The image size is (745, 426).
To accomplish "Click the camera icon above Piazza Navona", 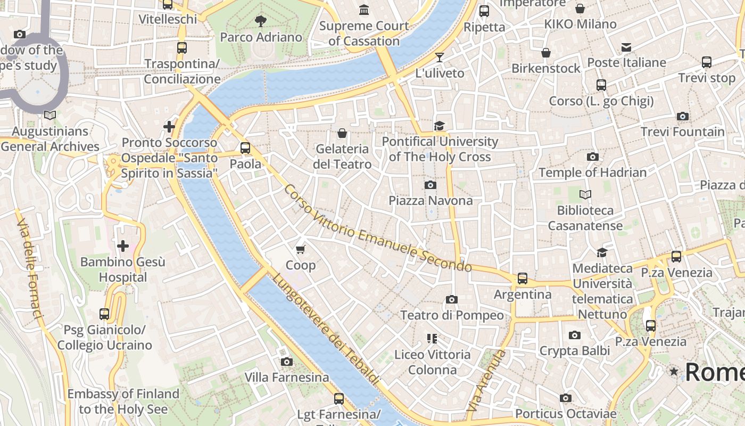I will pyautogui.click(x=431, y=185).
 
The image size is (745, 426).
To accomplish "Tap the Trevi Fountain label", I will pyautogui.click(x=682, y=132).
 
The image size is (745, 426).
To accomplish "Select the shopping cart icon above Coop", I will pyautogui.click(x=301, y=249).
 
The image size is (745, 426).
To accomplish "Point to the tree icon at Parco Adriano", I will pyautogui.click(x=261, y=21).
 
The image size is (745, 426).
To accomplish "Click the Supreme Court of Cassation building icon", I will pyautogui.click(x=364, y=10).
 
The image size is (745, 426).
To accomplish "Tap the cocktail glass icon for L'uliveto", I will pyautogui.click(x=440, y=57).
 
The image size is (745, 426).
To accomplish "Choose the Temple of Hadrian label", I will pyautogui.click(x=592, y=173).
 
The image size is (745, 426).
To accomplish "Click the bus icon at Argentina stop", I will pyautogui.click(x=523, y=278).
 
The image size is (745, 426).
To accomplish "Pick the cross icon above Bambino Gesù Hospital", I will pyautogui.click(x=123, y=246).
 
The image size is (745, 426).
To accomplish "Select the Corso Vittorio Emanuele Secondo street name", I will pyautogui.click(x=377, y=228).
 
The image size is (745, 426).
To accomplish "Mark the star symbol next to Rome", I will pyautogui.click(x=674, y=371).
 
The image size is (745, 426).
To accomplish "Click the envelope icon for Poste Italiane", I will pyautogui.click(x=626, y=47).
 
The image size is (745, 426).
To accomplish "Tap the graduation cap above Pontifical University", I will pyautogui.click(x=439, y=126).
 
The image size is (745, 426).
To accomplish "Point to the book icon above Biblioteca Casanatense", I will pyautogui.click(x=585, y=195).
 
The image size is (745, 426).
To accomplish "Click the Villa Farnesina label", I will pyautogui.click(x=287, y=378).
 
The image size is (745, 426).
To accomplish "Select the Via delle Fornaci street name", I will pyautogui.click(x=30, y=271).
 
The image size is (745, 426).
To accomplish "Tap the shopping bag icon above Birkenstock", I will pyautogui.click(x=546, y=53).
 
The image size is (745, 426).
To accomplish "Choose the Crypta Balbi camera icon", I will pyautogui.click(x=574, y=335).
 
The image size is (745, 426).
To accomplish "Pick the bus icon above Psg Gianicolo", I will pyautogui.click(x=104, y=314).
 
